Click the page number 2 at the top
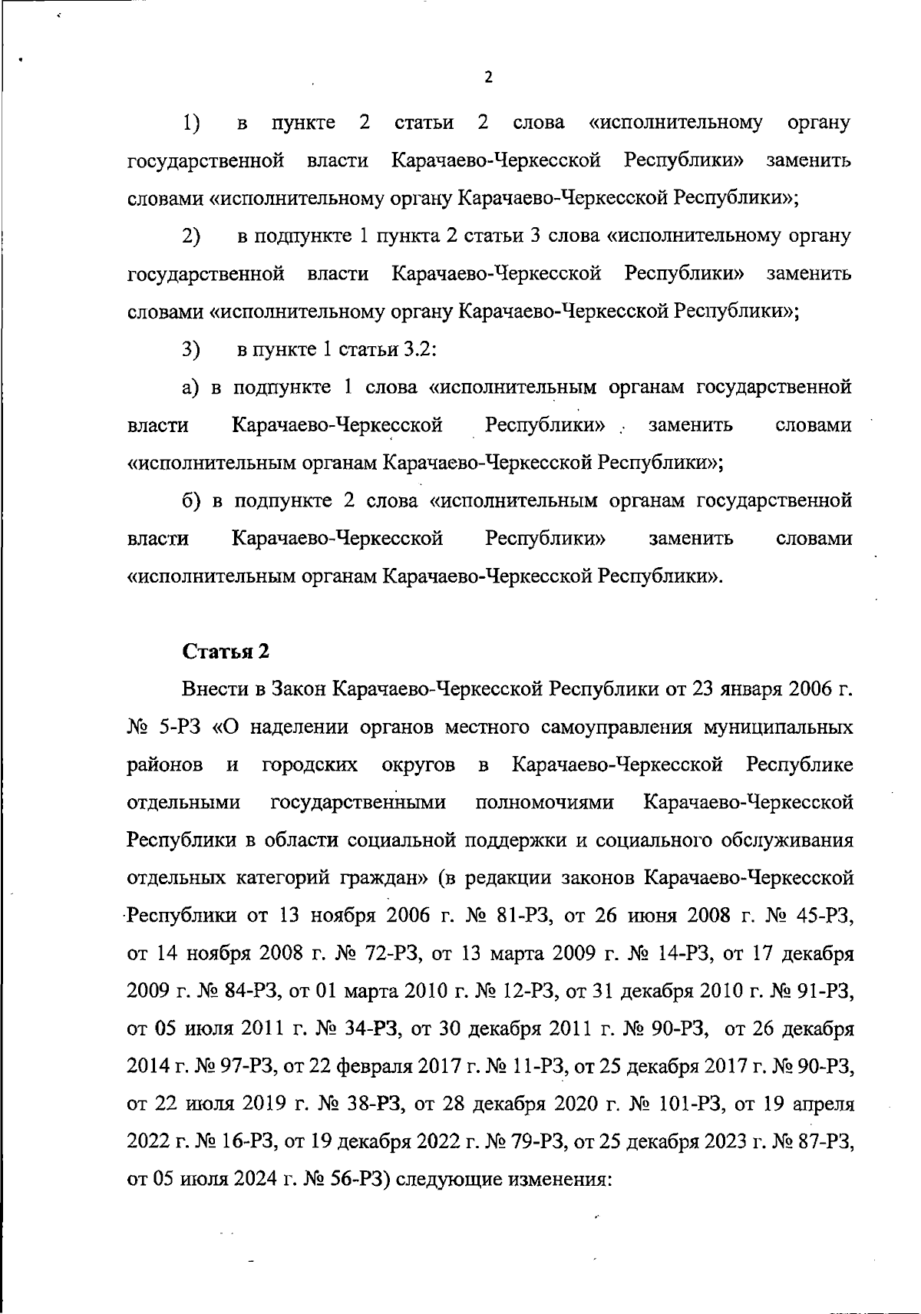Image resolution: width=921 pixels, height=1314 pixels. [x=488, y=78]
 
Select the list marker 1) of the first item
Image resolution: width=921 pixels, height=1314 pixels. [x=191, y=123]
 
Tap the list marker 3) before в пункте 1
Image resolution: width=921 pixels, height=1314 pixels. [x=191, y=350]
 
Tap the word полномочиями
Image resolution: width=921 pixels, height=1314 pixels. [x=544, y=803]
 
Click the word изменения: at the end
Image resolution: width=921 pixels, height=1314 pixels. [x=562, y=1180]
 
